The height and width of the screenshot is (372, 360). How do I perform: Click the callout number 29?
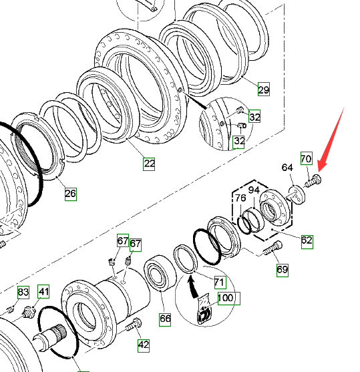[264, 89]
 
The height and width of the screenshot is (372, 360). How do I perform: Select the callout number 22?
[149, 164]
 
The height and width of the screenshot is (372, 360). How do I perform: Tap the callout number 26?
[71, 194]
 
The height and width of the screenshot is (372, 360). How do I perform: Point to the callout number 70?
[307, 158]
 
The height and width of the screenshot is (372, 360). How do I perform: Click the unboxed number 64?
[287, 168]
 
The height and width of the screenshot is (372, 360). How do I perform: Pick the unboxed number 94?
[254, 190]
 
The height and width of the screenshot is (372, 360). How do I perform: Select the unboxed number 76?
[240, 198]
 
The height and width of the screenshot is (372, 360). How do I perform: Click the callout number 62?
[307, 242]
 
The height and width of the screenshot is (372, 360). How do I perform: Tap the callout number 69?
[283, 270]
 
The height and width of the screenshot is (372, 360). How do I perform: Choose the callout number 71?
[220, 283]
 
